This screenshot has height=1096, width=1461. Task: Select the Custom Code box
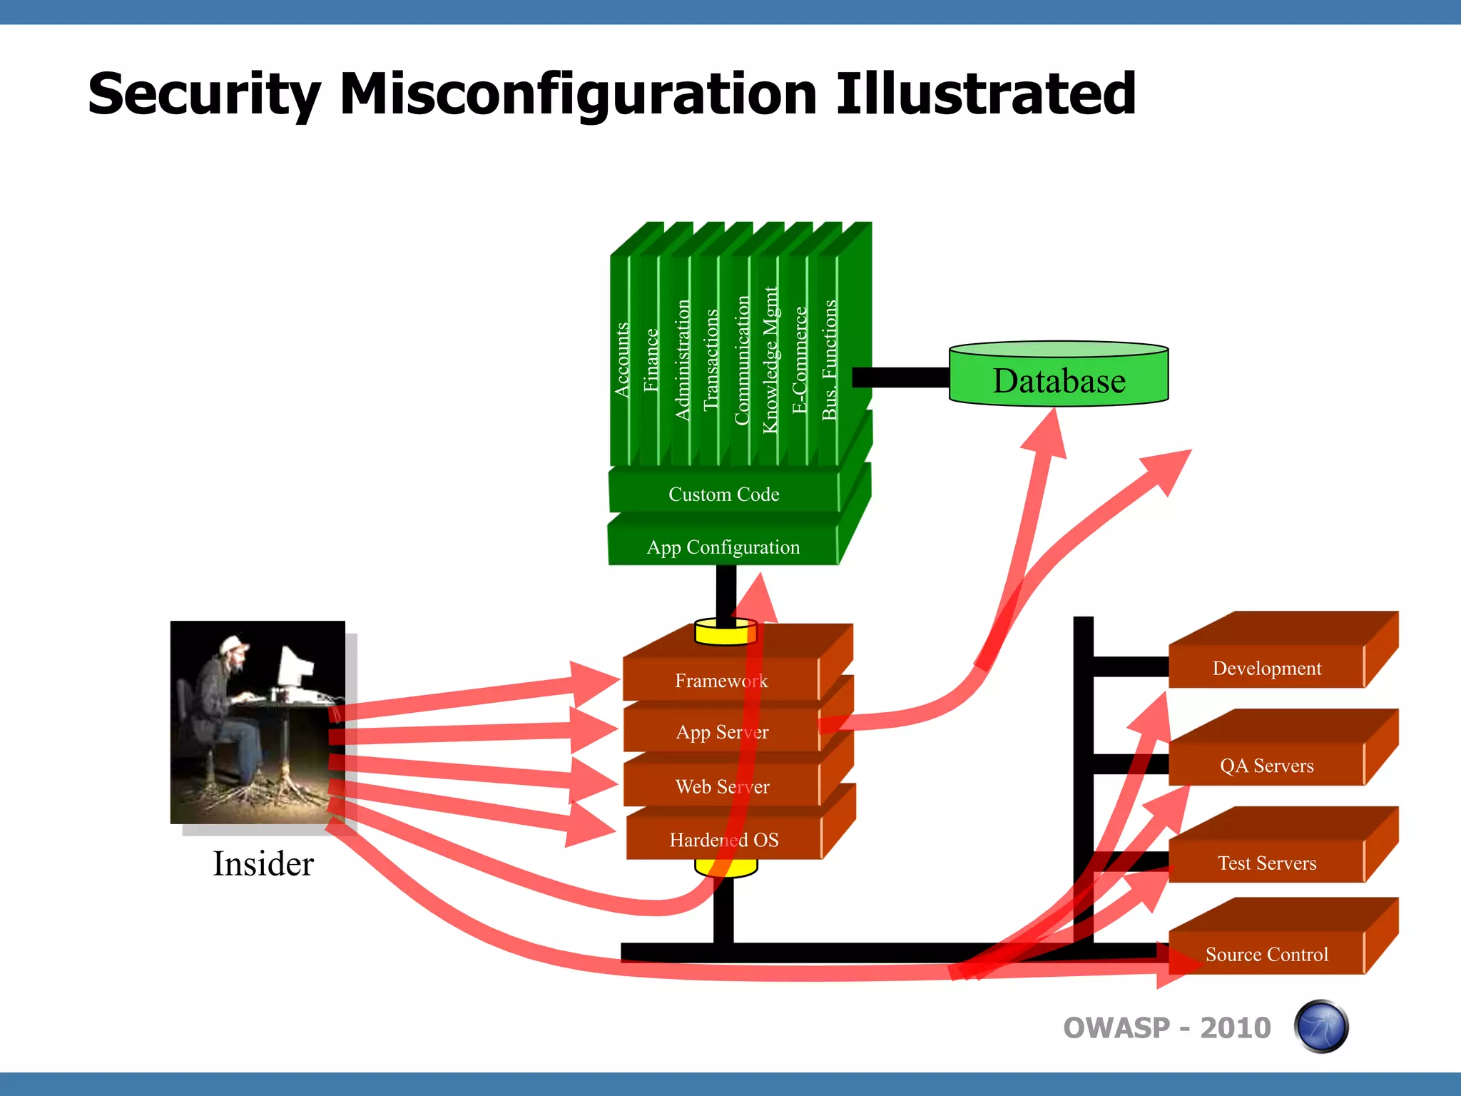(723, 494)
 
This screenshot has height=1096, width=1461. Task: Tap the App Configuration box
(723, 547)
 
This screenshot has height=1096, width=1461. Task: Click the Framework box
(721, 681)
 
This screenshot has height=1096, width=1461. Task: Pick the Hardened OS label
(723, 840)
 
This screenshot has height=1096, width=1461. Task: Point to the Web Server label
(722, 786)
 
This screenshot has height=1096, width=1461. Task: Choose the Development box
(1266, 668)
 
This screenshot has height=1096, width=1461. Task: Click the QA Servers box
(1266, 766)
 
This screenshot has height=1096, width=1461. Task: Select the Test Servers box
(1266, 863)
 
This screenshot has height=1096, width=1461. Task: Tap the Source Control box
(1266, 954)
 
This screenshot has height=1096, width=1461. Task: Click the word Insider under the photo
(263, 863)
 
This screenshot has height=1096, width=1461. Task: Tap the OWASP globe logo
(1320, 1027)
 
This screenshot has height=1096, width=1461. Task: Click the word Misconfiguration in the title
(578, 94)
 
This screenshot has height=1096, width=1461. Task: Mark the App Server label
(722, 732)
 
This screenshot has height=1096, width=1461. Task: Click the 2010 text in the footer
(1235, 1027)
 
